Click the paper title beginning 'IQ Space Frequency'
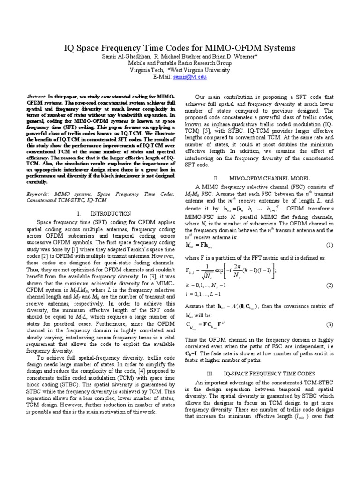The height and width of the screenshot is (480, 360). (x=180, y=48)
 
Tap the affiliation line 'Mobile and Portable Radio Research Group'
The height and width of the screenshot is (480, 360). (x=180, y=63)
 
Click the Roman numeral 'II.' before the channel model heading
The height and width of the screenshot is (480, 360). (x=217, y=179)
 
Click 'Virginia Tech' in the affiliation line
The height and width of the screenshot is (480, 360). (x=143, y=69)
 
